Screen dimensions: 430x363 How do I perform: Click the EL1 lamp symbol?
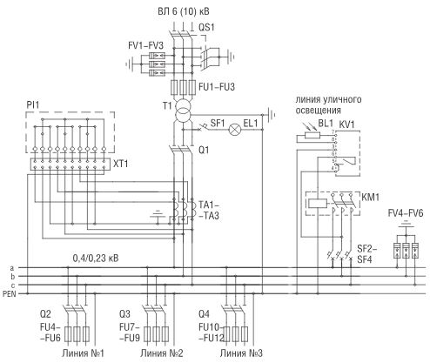click(234, 129)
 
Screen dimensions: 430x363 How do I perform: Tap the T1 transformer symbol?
click(183, 111)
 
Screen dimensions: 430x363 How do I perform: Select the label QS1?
click(206, 28)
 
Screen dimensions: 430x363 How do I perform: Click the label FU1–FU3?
click(217, 87)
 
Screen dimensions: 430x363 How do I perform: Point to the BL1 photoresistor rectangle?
click(312, 135)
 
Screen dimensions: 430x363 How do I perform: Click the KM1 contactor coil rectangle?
click(318, 204)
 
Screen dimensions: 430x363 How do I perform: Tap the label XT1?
click(120, 164)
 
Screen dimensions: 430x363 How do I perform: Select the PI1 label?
click(33, 105)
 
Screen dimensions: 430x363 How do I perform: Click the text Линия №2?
click(162, 353)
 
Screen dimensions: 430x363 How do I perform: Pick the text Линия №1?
click(83, 353)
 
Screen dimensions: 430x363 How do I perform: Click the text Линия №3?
click(241, 353)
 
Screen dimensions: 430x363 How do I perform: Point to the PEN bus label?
click(10, 294)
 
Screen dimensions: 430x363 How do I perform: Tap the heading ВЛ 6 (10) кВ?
click(184, 11)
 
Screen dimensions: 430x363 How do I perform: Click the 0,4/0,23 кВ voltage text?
click(96, 258)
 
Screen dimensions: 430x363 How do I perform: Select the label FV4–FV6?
click(406, 213)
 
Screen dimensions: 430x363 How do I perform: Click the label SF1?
click(218, 123)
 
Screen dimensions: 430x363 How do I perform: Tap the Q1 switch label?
click(204, 150)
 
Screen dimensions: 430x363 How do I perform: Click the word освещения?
click(318, 111)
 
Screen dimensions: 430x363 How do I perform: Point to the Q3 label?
click(124, 314)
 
